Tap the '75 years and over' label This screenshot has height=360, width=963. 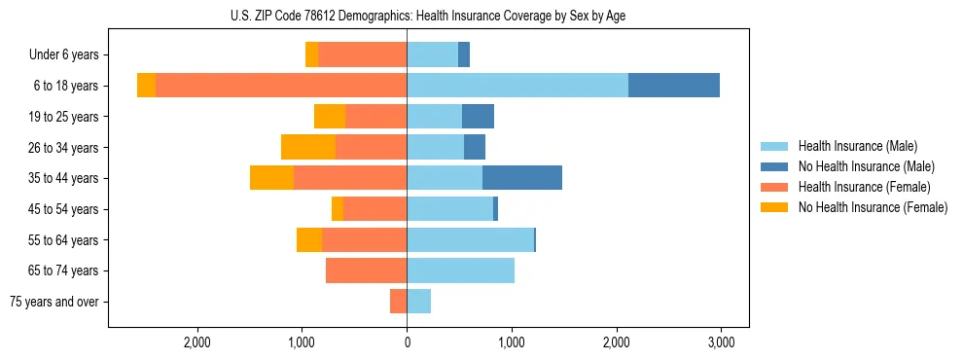[x=54, y=302]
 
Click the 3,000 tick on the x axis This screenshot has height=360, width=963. [x=720, y=343]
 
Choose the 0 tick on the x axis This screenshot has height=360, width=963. [x=407, y=343]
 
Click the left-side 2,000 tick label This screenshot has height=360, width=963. [x=197, y=343]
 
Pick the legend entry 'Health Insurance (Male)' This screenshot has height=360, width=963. [x=857, y=146]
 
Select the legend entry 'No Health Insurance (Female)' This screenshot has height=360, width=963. [x=873, y=207]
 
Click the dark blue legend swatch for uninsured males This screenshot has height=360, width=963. [x=774, y=166]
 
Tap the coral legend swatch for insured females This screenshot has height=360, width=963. [x=774, y=187]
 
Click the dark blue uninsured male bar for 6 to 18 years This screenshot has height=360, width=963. [x=674, y=86]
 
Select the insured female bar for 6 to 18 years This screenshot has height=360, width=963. [x=281, y=86]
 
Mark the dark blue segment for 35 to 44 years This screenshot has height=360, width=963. [x=522, y=178]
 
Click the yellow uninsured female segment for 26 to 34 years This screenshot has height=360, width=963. [x=308, y=147]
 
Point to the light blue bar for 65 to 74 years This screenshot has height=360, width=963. [x=460, y=270]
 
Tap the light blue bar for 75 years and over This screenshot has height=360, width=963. [x=418, y=302]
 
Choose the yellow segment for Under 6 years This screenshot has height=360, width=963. [x=311, y=55]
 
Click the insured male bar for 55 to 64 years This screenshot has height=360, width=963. [x=470, y=239]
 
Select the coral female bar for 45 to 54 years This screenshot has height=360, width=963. [x=374, y=209]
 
